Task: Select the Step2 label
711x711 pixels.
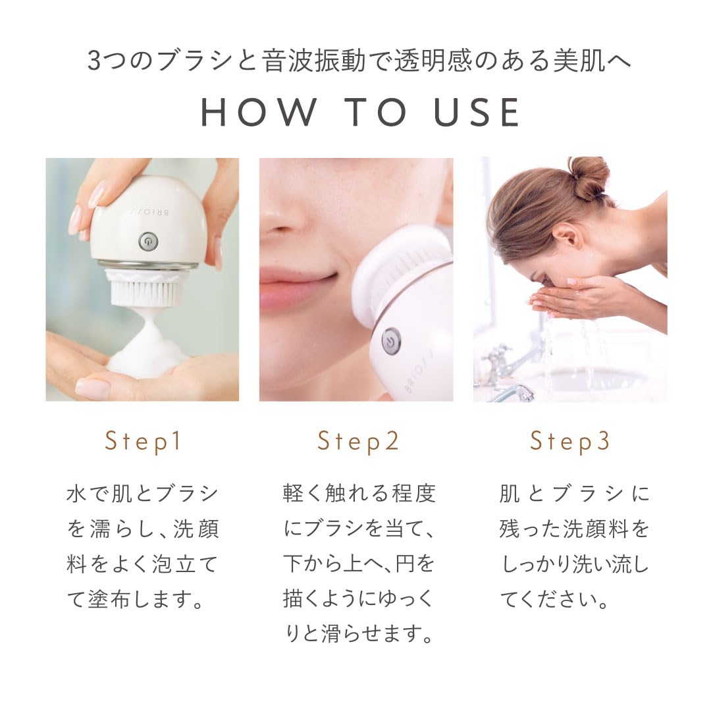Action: (x=358, y=441)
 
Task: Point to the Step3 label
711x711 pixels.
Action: (x=571, y=441)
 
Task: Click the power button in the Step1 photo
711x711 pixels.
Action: (x=148, y=242)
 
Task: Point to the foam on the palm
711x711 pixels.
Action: (x=146, y=355)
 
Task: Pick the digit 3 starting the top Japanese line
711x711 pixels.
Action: (x=94, y=63)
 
